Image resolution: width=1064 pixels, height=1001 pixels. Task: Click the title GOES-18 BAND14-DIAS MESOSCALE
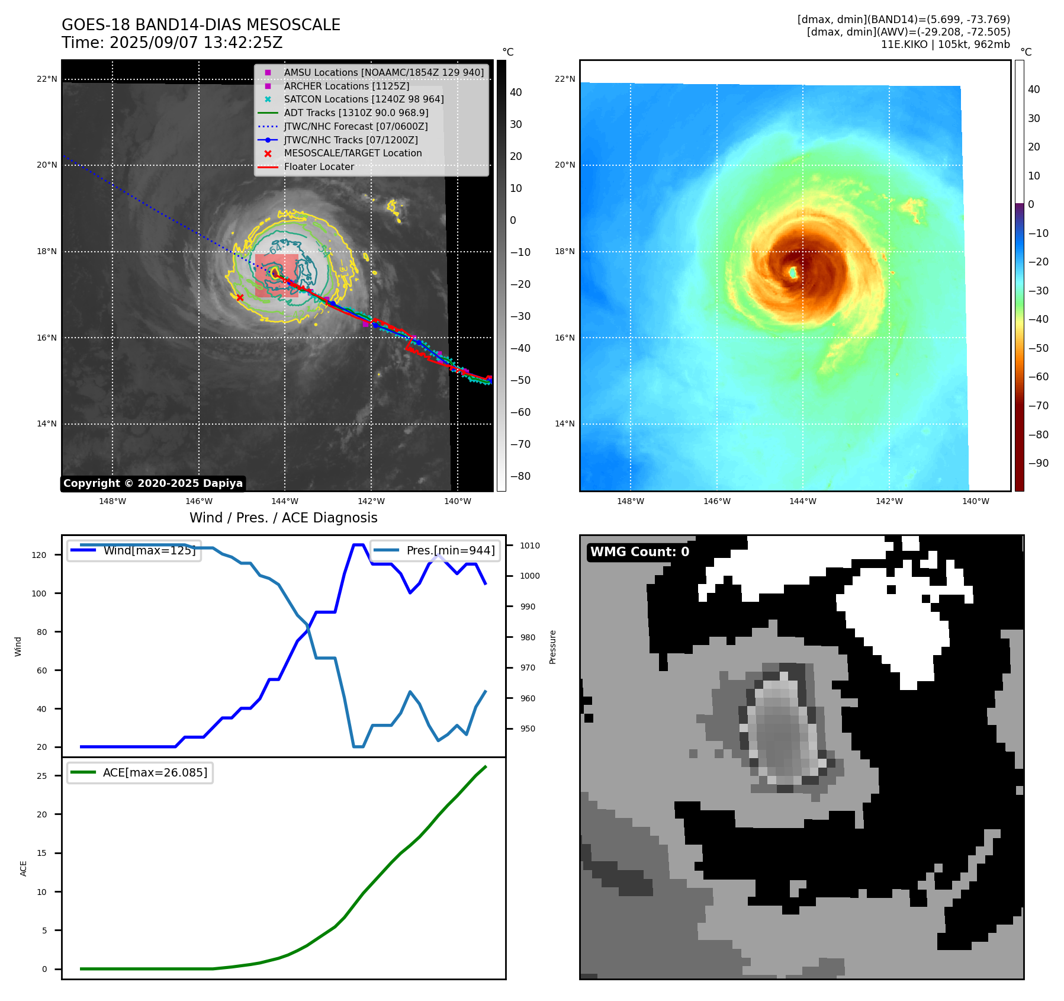201,25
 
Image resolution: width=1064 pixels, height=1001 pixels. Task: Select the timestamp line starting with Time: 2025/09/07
172,43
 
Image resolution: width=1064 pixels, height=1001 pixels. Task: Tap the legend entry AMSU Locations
383,72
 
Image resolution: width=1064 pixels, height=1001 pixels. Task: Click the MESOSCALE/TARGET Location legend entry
352,153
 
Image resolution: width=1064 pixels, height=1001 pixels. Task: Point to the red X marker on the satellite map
240,297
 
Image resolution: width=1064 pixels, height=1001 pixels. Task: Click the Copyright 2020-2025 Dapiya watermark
153,483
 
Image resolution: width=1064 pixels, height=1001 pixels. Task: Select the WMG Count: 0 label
639,552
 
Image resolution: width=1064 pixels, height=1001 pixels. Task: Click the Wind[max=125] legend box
134,550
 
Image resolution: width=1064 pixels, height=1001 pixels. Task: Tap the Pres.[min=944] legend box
435,550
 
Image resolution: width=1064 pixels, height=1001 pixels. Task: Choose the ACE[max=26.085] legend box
140,772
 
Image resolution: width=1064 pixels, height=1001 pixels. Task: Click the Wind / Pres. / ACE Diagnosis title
283,518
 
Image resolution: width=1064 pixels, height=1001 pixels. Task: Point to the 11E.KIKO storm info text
945,44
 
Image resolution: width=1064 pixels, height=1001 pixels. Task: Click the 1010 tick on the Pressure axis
529,546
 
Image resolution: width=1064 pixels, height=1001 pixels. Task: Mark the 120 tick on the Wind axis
39,555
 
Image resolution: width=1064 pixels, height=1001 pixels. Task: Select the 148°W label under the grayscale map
112,501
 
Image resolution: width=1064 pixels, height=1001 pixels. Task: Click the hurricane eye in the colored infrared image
793,272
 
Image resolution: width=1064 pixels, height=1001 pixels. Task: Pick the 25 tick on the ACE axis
41,776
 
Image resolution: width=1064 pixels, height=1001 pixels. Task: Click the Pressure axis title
552,647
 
